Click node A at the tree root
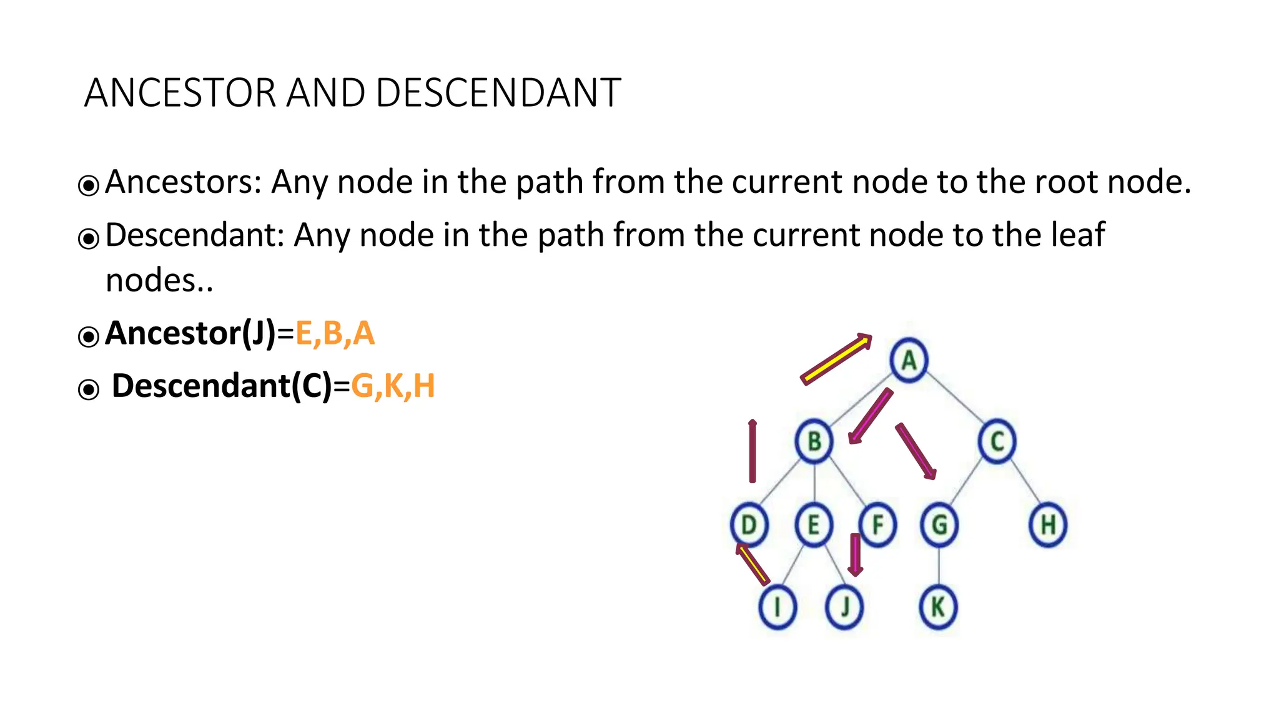coord(909,360)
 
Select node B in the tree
coord(814,441)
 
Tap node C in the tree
coord(997,441)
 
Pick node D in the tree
coord(749,525)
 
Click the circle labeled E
coord(813,525)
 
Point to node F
coord(877,525)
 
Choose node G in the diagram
coord(939,525)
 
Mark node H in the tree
coord(1048,525)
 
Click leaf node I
coord(777,607)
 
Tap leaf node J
coord(844,607)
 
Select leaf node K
coord(938,607)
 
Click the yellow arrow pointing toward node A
coord(836,359)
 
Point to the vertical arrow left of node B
coord(753,451)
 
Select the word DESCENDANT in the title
coord(498,93)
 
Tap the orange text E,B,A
coord(335,333)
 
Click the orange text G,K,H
coord(393,386)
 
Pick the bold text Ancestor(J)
coord(190,333)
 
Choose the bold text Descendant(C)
coord(222,386)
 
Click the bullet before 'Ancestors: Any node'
coord(89,185)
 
